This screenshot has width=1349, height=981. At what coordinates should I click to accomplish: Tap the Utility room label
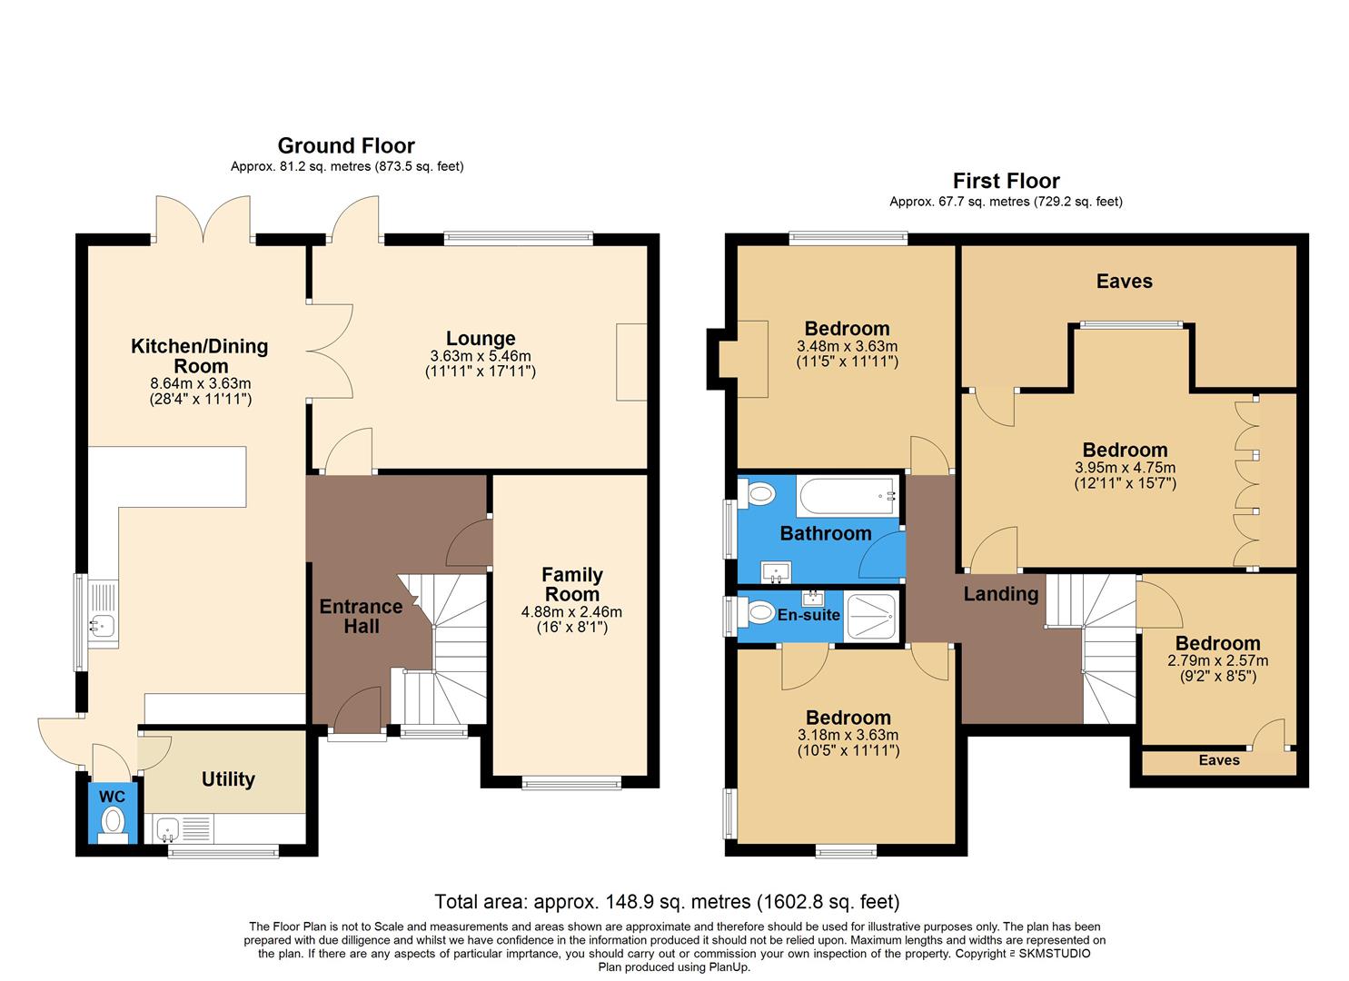point(228,779)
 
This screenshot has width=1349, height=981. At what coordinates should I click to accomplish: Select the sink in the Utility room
point(167,827)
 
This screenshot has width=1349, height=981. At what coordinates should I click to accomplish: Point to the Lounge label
point(481,339)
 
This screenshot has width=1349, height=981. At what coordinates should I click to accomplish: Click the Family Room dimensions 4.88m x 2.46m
point(571,612)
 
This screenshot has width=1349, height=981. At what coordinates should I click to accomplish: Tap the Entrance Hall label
point(361,616)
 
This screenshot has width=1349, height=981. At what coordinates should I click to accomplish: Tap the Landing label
point(1000,594)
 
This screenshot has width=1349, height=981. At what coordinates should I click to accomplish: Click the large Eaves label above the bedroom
point(1124,282)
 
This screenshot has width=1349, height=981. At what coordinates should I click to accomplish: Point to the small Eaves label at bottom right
point(1218,760)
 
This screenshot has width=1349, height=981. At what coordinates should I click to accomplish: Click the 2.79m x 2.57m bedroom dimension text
point(1217,660)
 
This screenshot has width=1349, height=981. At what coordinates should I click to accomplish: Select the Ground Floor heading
point(346,145)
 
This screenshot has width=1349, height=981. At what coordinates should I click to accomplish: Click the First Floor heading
point(1006,181)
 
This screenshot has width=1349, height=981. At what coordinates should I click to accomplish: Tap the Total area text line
point(667,902)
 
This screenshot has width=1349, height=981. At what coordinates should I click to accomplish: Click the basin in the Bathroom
point(777,571)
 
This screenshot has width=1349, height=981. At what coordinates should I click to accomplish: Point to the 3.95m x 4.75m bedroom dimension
point(1125,468)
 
